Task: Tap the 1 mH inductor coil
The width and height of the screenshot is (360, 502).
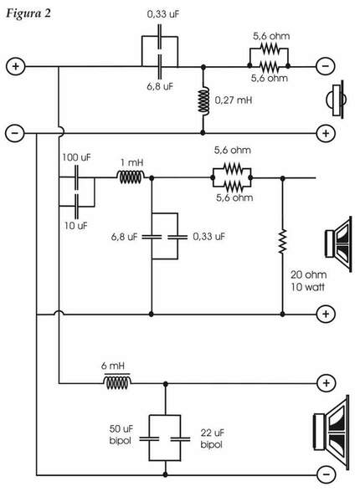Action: click(x=131, y=177)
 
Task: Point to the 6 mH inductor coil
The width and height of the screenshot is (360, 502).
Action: click(x=116, y=382)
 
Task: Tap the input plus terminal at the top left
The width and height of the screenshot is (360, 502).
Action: click(x=14, y=65)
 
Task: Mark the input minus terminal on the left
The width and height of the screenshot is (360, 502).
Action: click(x=14, y=132)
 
